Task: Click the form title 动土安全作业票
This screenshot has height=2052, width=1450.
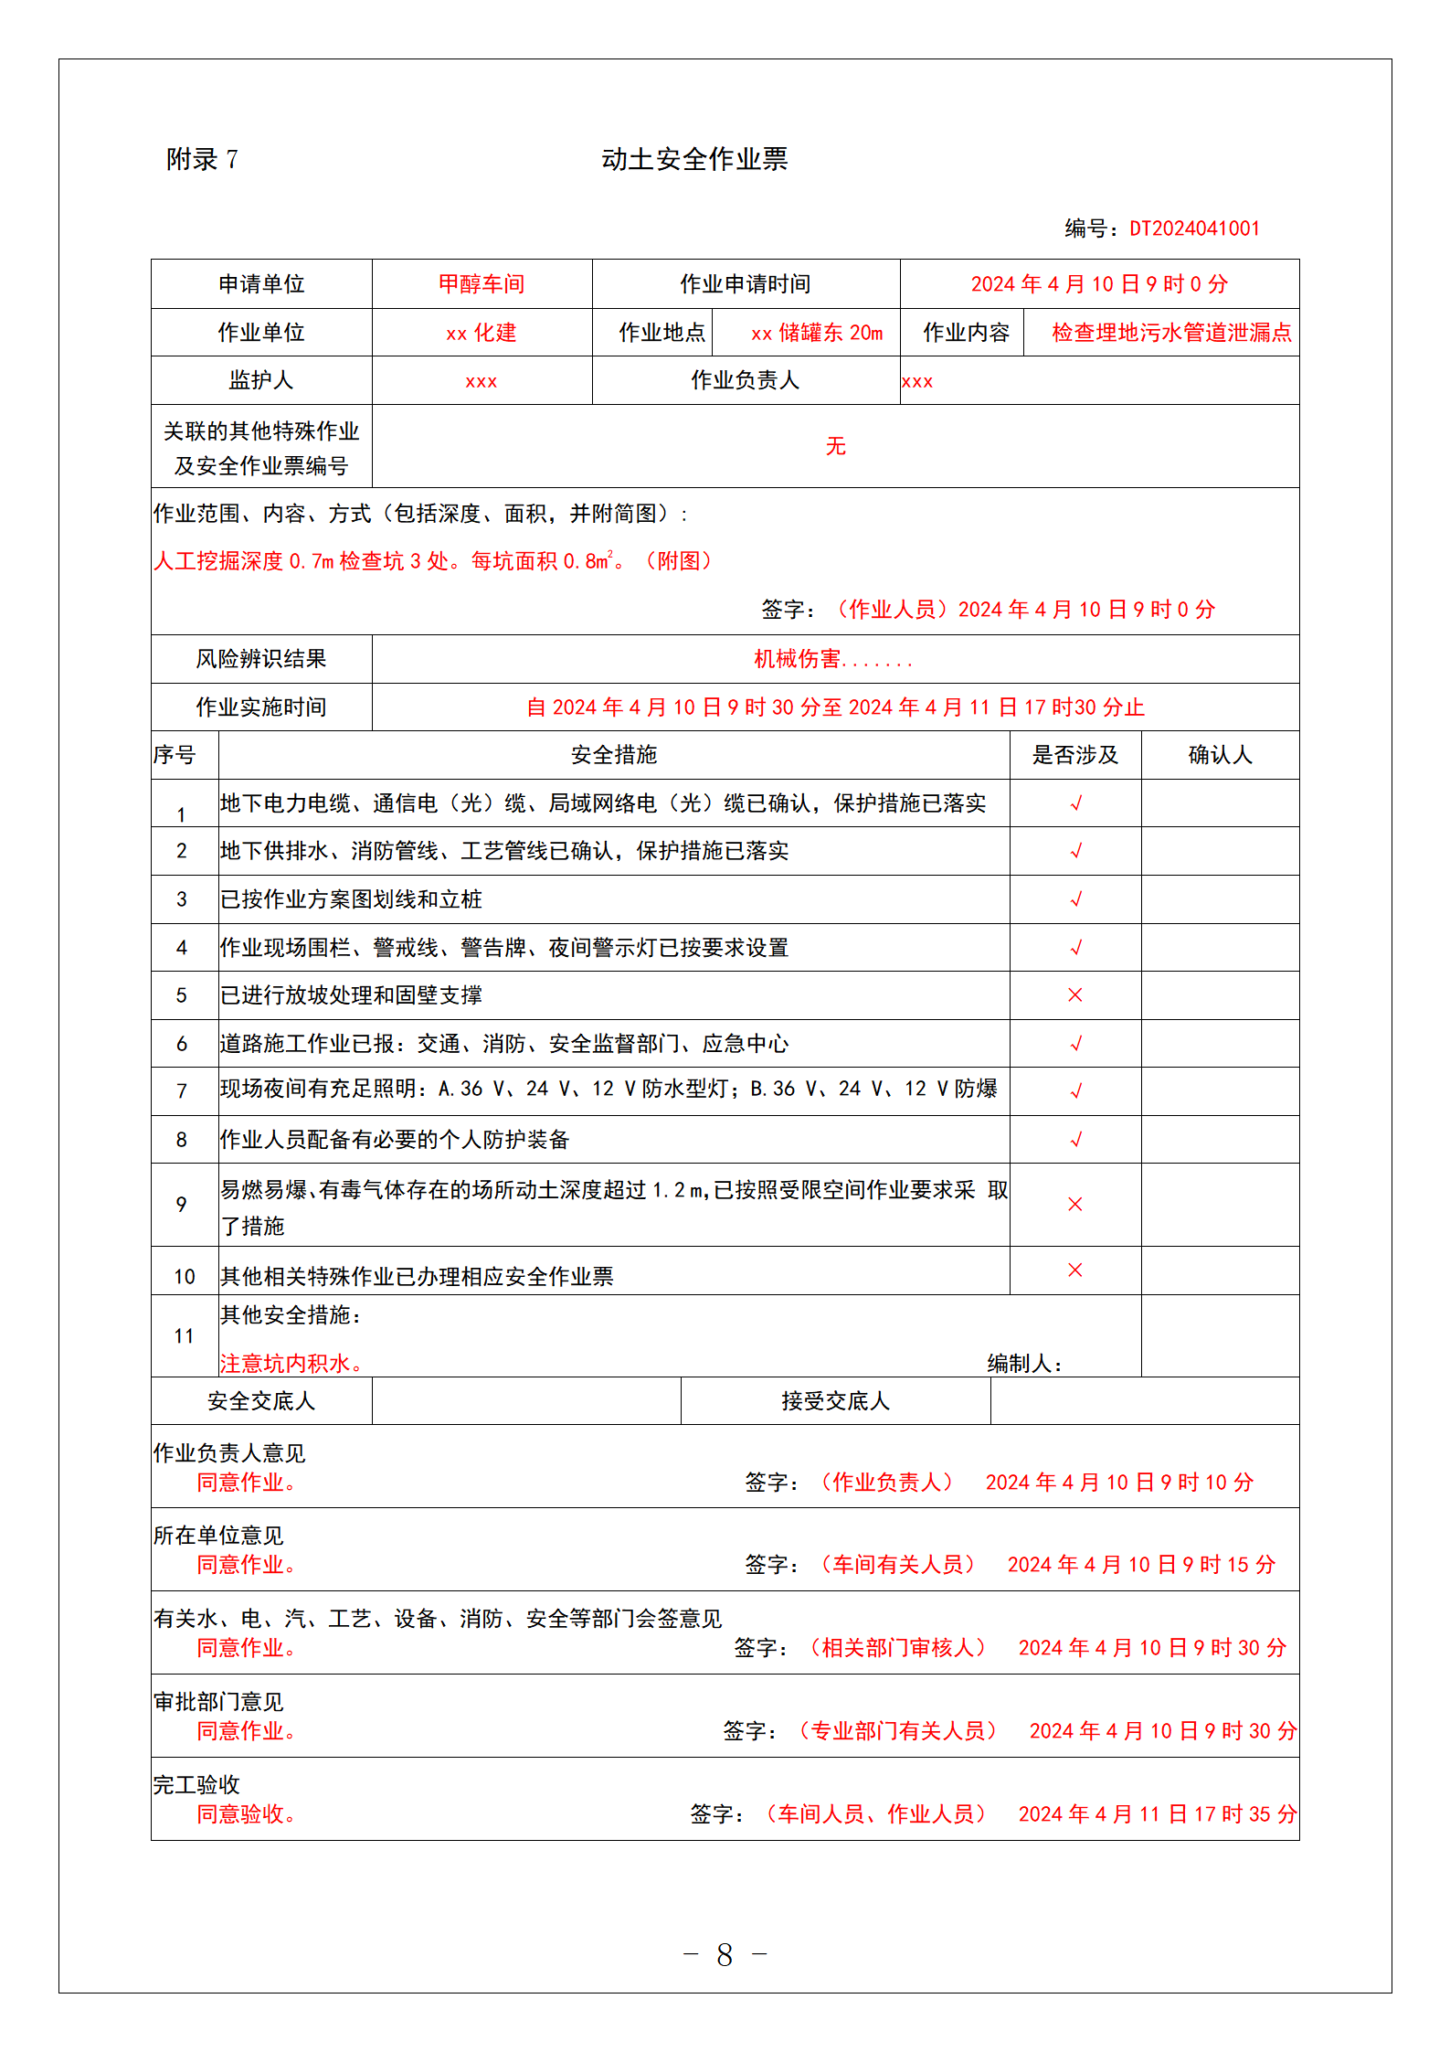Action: click(x=694, y=159)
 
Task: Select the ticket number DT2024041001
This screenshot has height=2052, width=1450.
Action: click(x=1194, y=229)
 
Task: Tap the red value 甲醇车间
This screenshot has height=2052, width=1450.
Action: click(x=482, y=284)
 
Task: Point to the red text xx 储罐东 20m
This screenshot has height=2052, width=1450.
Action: click(x=817, y=333)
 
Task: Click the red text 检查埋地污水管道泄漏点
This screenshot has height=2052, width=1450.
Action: click(x=1171, y=333)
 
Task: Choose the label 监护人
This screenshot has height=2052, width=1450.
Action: click(x=261, y=380)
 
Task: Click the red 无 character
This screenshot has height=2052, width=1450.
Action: click(x=835, y=446)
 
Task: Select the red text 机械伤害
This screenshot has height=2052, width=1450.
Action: click(x=797, y=659)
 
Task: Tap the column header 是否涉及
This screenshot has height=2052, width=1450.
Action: click(x=1074, y=755)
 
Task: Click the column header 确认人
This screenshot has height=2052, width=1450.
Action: click(x=1220, y=755)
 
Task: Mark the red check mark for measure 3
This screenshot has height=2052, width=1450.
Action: click(x=1075, y=899)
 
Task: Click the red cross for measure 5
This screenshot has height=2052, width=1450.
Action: click(x=1075, y=994)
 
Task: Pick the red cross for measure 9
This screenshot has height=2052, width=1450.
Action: click(x=1075, y=1204)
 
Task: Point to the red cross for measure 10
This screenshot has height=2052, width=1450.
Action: click(x=1075, y=1270)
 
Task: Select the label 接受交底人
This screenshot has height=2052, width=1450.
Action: click(x=835, y=1401)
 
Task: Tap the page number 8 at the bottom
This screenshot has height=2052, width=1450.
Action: click(x=725, y=1954)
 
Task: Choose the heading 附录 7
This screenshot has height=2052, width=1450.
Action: click(x=202, y=160)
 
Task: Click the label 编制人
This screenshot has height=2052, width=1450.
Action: click(x=1024, y=1364)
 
